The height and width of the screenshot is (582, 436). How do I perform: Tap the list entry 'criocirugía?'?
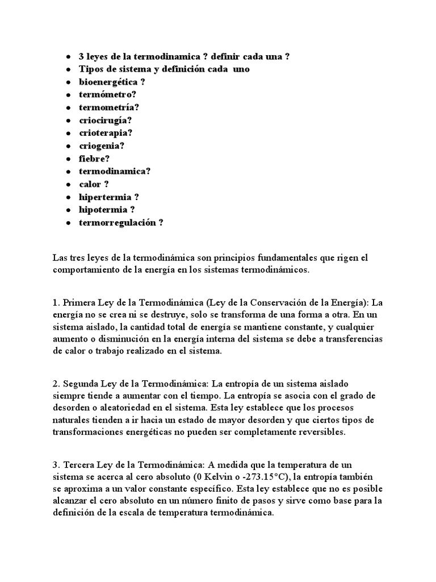[106, 120]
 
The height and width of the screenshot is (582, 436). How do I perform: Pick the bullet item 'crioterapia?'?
[106, 132]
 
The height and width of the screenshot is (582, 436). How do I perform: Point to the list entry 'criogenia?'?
[102, 145]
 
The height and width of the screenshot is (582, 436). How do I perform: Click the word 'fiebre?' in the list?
[94, 159]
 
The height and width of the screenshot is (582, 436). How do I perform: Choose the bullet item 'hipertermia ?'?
[109, 197]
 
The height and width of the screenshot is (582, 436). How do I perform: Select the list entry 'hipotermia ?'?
[107, 209]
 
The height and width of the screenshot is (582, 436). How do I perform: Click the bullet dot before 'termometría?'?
[68, 108]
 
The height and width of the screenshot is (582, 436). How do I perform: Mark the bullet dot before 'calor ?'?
[68, 185]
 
